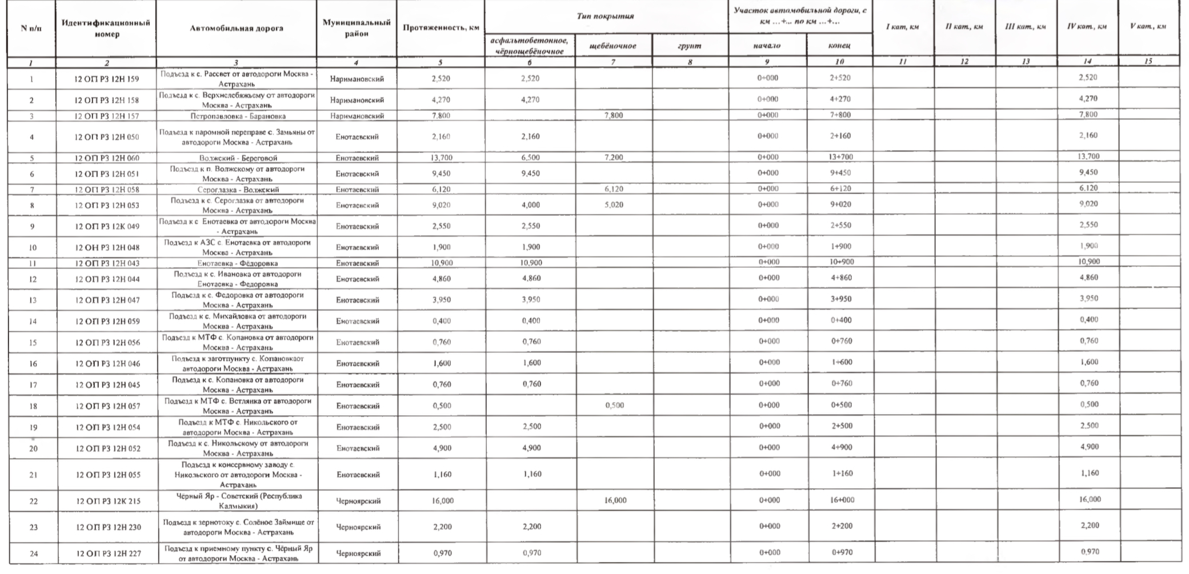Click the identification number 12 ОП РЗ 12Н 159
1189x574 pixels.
107,79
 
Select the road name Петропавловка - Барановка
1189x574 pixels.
237,116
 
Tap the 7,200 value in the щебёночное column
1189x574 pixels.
613,158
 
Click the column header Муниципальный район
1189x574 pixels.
357,28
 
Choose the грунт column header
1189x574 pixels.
690,46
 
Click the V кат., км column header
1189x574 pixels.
1148,26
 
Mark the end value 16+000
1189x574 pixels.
842,500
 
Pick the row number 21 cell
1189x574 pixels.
33,475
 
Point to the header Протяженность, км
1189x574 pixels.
441,28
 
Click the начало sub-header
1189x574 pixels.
767,46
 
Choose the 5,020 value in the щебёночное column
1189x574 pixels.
613,204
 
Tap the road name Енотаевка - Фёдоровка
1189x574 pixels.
237,263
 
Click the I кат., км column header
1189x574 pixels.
902,27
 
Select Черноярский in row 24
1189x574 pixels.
358,553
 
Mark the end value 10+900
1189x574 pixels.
841,262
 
